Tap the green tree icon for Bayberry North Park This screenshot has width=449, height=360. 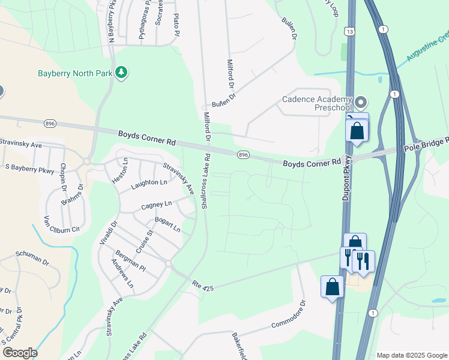(x=122, y=73)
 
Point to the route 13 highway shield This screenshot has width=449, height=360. (x=349, y=31)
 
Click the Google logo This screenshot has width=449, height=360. (x=19, y=352)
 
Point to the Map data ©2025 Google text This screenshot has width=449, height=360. (x=411, y=355)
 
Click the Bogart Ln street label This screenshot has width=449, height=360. (x=167, y=224)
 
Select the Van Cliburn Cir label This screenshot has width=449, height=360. (x=61, y=224)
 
